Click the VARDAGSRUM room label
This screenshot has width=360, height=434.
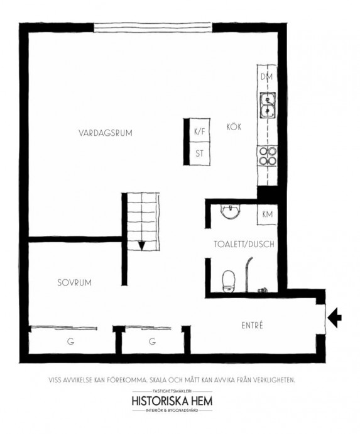point(106,133)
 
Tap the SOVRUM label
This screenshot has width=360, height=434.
point(74,282)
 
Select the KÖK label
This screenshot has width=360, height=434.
point(234,127)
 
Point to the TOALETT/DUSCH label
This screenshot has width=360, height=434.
point(244,244)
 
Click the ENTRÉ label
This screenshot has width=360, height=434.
point(252,325)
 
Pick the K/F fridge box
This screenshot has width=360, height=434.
point(200,130)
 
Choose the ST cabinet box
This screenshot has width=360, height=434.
point(200,153)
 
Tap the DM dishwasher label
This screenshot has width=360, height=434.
point(267,77)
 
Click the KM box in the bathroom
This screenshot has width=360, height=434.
point(267,214)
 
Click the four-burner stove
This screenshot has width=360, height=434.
point(268,156)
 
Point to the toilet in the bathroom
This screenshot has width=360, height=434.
point(229,281)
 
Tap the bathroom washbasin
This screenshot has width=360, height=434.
point(231,211)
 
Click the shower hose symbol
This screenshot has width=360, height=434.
point(248,274)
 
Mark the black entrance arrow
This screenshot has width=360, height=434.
point(335,318)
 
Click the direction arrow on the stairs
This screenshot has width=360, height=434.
point(141,246)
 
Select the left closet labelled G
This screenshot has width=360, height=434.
point(72,342)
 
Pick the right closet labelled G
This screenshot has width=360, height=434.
point(152,342)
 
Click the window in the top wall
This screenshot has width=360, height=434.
point(153,28)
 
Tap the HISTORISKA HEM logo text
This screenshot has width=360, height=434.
point(172,401)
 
